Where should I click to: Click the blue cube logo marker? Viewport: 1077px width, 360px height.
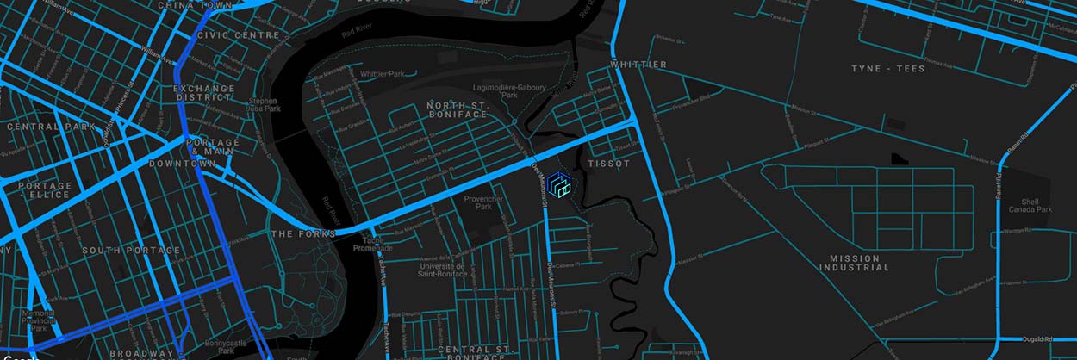pyautogui.click(x=559, y=185)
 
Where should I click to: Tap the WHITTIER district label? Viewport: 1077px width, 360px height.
pyautogui.click(x=638, y=65)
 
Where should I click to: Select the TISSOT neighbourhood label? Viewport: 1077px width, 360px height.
pyautogui.click(x=609, y=164)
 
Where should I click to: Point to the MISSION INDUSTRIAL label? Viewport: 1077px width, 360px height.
pyautogui.click(x=855, y=263)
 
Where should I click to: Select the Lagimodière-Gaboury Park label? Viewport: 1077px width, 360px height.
pyautogui.click(x=510, y=90)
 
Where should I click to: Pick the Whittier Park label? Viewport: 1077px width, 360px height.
pyautogui.click(x=383, y=74)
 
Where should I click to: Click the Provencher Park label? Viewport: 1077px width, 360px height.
pyautogui.click(x=483, y=202)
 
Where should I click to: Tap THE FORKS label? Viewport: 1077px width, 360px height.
pyautogui.click(x=296, y=234)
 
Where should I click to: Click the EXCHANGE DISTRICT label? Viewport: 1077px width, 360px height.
pyautogui.click(x=204, y=93)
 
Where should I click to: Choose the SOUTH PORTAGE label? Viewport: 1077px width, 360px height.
pyautogui.click(x=132, y=251)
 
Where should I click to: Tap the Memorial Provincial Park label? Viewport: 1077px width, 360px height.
pyautogui.click(x=39, y=320)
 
